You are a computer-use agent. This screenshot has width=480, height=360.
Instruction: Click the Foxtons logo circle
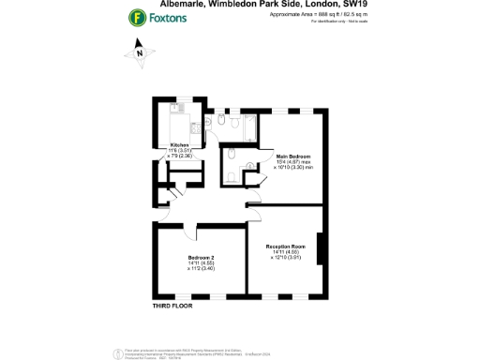[x=138, y=17]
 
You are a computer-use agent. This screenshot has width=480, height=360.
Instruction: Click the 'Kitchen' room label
[x=178, y=144]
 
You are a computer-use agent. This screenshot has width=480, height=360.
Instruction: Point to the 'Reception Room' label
[x=287, y=246]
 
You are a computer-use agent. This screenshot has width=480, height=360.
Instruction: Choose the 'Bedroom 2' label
[x=202, y=258]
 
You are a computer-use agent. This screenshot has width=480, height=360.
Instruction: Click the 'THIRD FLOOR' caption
[x=172, y=307]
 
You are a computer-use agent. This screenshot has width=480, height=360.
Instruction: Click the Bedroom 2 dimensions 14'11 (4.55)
[x=202, y=263]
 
